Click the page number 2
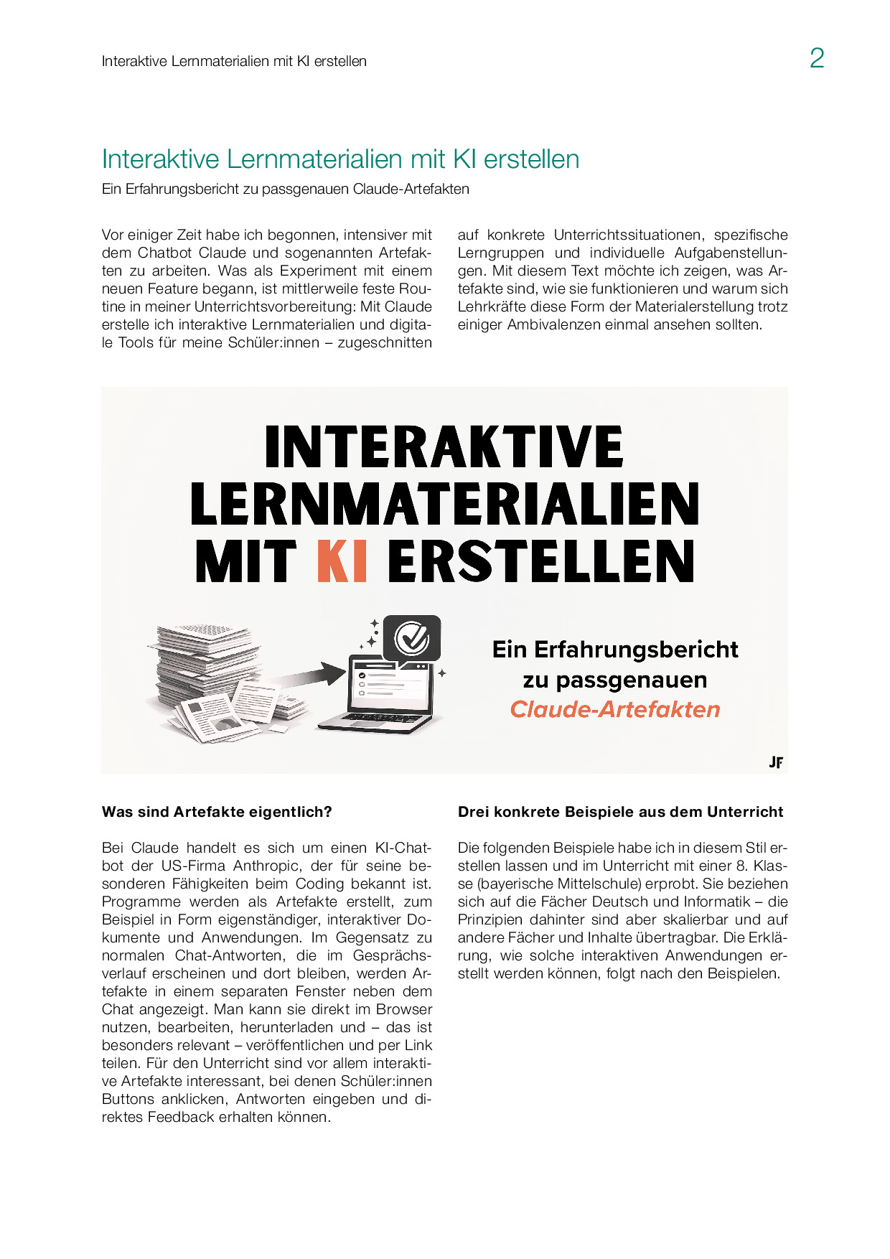tap(816, 58)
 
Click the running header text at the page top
tap(234, 62)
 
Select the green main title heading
tap(340, 159)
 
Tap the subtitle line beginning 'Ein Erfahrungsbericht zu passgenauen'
tap(285, 189)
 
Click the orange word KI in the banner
tap(342, 561)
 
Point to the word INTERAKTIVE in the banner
tap(444, 447)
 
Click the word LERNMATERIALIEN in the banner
tap(444, 504)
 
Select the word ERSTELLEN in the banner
tap(541, 561)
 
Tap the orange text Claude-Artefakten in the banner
tap(614, 709)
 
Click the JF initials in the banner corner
tap(775, 762)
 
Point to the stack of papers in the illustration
tap(208, 671)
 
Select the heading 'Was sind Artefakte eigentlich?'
tap(217, 812)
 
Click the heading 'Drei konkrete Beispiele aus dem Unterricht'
tap(620, 812)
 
